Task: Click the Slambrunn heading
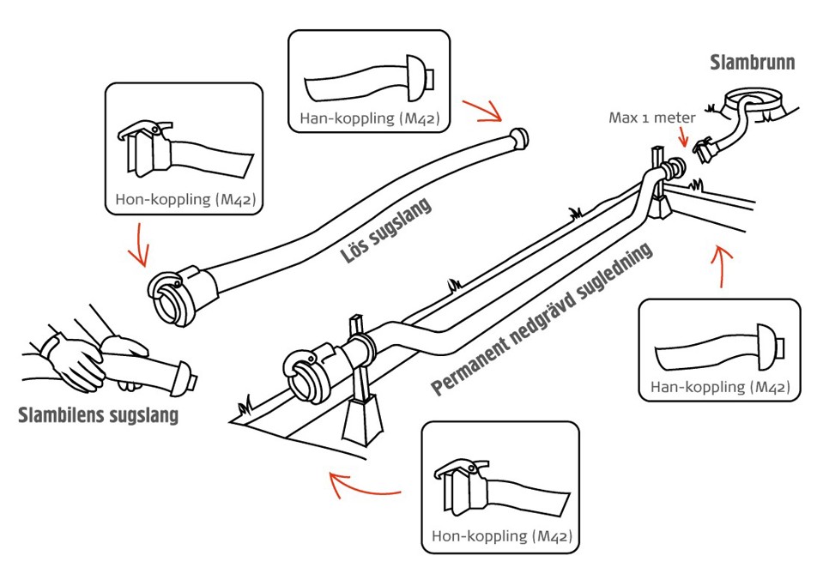753,63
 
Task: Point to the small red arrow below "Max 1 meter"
685,136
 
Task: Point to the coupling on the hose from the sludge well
706,149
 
